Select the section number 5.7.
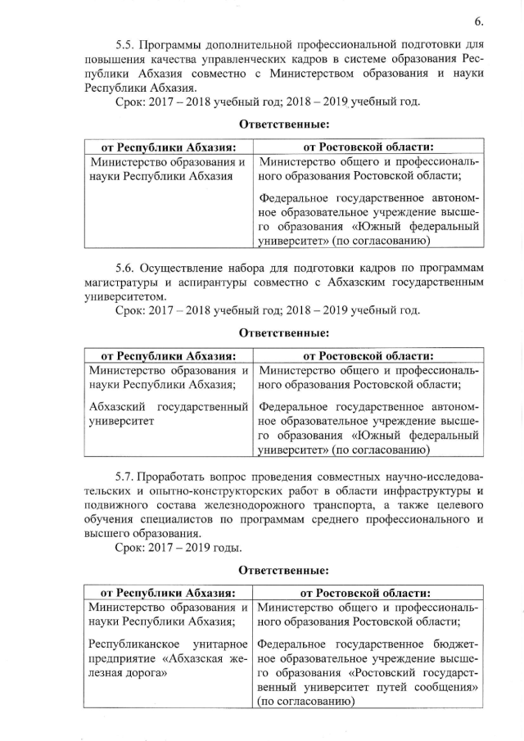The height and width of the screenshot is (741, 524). pos(124,476)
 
